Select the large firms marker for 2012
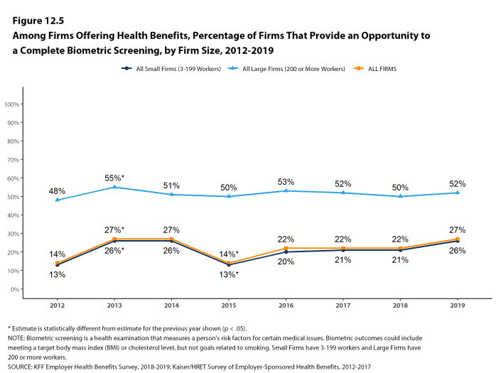point(57,200)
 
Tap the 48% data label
point(57,191)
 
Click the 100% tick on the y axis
point(12,104)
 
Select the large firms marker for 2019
point(457,193)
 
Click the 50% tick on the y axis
point(14,197)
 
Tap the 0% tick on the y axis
point(16,289)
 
